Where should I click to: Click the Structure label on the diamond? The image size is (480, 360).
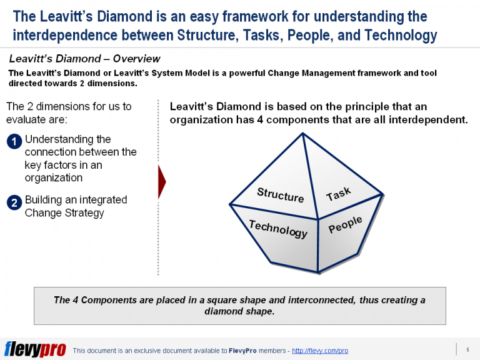[x=281, y=195]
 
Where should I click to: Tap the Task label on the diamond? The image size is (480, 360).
[x=338, y=194]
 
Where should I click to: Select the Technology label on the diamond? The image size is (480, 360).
[x=278, y=229]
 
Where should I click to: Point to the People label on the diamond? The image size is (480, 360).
[x=345, y=225]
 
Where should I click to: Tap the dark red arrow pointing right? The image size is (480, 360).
[x=162, y=182]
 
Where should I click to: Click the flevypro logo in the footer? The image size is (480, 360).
[x=35, y=349]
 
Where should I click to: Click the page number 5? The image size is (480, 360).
[x=467, y=349]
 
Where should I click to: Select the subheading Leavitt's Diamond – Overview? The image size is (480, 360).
[x=84, y=59]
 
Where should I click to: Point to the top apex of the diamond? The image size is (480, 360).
[x=302, y=132]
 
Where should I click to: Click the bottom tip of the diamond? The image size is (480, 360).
[x=317, y=272]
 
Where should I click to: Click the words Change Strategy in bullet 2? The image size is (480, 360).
[x=64, y=212]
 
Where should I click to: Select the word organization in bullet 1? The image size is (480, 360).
[x=54, y=177]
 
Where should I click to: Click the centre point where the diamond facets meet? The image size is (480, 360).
[x=318, y=219]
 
